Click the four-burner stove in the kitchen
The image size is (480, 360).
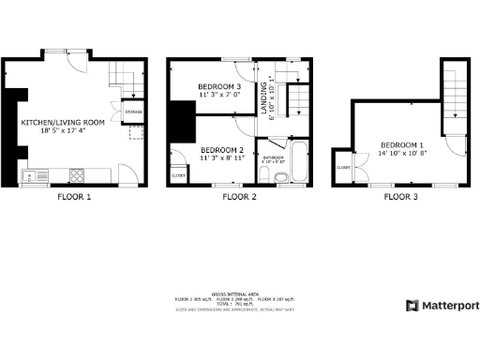pos(78,174)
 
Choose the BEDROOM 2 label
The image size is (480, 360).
pos(222,150)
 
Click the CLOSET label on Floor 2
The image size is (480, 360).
pos(177,174)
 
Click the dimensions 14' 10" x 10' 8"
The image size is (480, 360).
pos(404,153)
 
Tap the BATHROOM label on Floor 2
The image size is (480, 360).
pos(274,157)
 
